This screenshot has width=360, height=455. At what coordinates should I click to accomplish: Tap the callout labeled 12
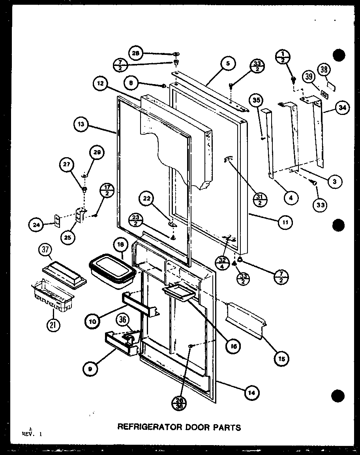100,84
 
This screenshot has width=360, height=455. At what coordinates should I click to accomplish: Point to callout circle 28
136,53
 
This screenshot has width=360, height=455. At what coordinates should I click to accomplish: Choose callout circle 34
343,108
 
